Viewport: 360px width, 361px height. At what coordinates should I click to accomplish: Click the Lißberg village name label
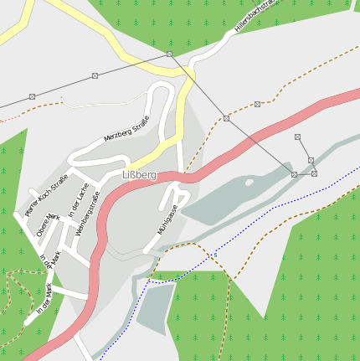click(x=139, y=175)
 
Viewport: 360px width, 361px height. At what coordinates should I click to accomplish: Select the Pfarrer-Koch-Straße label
click(x=46, y=196)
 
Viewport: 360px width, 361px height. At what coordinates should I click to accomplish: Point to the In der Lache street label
click(x=78, y=202)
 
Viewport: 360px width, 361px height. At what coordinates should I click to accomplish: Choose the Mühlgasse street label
click(x=167, y=219)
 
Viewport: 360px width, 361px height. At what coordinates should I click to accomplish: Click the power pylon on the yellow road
click(x=169, y=54)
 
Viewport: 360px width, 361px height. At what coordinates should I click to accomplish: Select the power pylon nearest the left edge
click(x=32, y=97)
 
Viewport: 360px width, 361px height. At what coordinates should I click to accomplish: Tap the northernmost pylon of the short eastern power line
click(x=297, y=137)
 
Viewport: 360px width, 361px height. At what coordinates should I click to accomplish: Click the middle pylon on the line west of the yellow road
click(x=94, y=75)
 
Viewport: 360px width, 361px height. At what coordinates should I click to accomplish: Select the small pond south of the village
click(x=155, y=307)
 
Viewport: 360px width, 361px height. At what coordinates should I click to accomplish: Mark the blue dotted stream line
click(x=251, y=235)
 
